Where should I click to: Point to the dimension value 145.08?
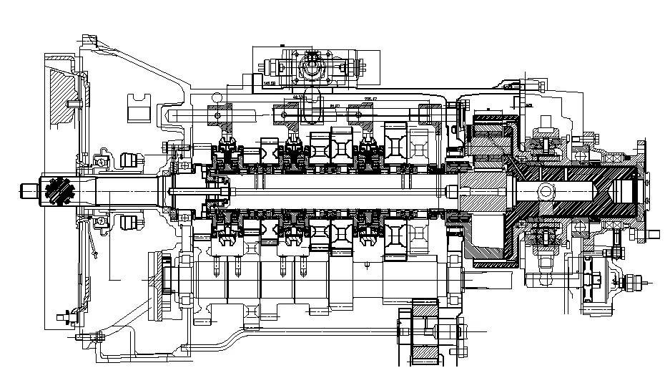270,84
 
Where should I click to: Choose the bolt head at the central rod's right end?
451,190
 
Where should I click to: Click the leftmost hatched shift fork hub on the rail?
221,115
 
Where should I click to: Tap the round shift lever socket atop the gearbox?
312,68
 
